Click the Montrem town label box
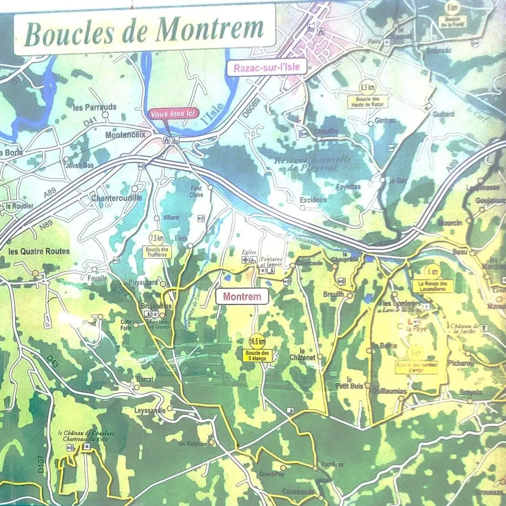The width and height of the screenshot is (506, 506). pyautogui.click(x=242, y=297)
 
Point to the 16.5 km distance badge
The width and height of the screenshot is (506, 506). pyautogui.click(x=257, y=341)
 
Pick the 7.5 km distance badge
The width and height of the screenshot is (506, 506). pyautogui.click(x=157, y=238)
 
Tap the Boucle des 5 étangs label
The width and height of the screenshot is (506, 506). pyautogui.click(x=257, y=356)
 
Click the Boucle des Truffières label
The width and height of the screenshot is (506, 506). pyautogui.click(x=157, y=252)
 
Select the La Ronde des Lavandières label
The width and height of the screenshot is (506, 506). pyautogui.click(x=433, y=286)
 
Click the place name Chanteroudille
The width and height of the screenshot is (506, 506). pyautogui.click(x=116, y=198)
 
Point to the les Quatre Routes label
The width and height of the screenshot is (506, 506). pyautogui.click(x=39, y=251)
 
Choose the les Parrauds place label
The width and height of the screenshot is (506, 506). pyautogui.click(x=95, y=107)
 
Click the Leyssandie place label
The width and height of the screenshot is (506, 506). pyautogui.click(x=149, y=410)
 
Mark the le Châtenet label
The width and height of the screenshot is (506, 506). pyautogui.click(x=302, y=354)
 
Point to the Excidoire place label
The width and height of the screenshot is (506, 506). pyautogui.click(x=313, y=200)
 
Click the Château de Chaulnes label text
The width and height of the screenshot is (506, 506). pyautogui.click(x=86, y=436)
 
